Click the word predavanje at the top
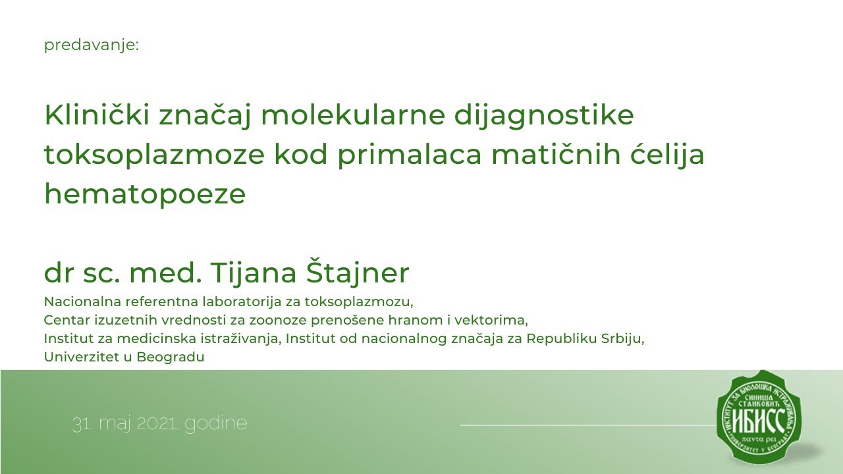coord(91,46)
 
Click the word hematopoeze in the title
coord(145,195)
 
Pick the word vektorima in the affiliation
coord(499,321)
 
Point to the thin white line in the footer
coord(586,425)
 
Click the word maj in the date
coord(116,423)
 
